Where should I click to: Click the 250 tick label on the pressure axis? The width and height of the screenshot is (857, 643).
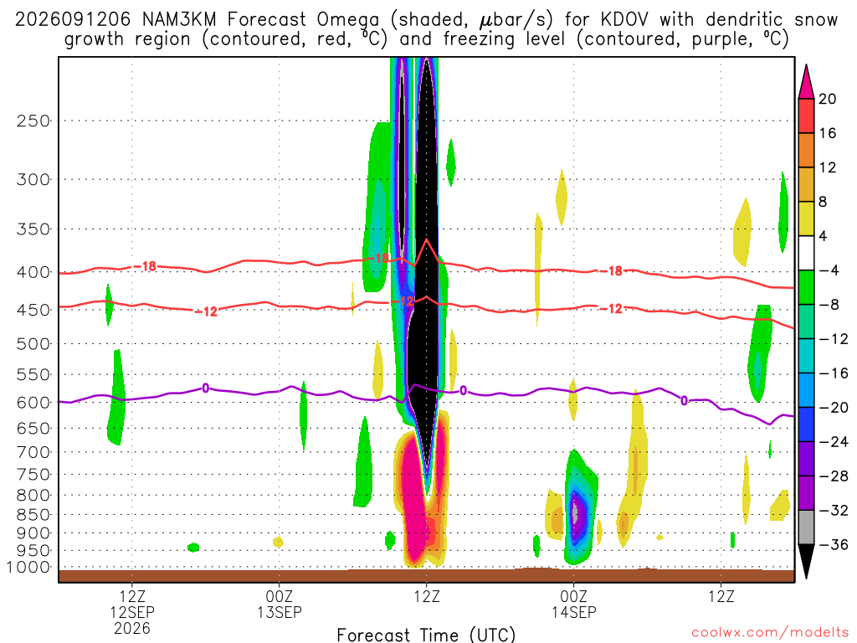(x=33, y=121)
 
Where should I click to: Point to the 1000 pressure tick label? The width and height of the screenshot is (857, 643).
(x=28, y=568)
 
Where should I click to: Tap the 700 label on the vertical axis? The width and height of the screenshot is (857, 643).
(x=33, y=452)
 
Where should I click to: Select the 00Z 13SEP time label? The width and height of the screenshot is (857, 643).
(x=280, y=604)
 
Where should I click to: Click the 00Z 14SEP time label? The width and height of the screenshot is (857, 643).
(x=574, y=604)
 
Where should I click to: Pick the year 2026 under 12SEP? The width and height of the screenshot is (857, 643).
(x=132, y=628)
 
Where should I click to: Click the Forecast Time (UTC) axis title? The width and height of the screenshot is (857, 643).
(x=426, y=635)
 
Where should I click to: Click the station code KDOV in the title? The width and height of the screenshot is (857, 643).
(x=624, y=20)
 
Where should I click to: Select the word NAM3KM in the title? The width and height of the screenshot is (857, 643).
(x=179, y=20)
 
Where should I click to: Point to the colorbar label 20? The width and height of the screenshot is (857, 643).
(x=828, y=99)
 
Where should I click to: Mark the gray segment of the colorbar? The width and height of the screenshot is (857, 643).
(x=806, y=527)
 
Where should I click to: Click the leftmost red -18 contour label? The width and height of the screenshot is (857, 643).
(x=145, y=266)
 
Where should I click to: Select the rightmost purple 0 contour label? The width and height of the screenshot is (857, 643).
(x=685, y=401)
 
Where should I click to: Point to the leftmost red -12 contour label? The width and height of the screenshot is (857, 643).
(x=207, y=311)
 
